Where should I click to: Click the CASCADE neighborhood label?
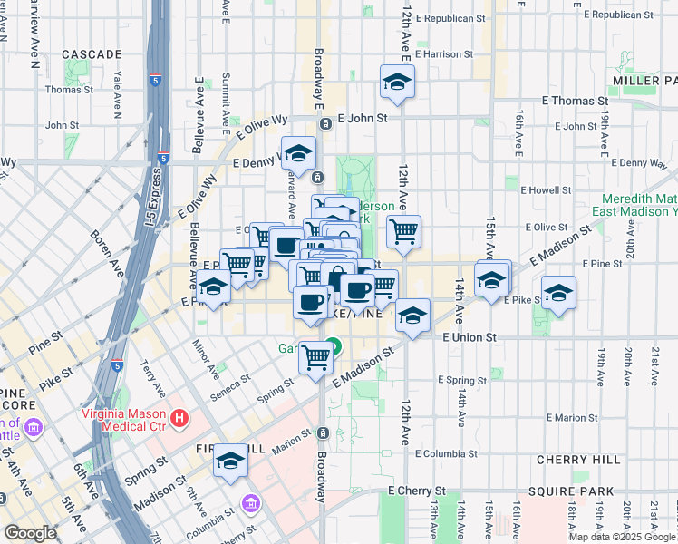(92, 54)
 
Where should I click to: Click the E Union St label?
(471, 337)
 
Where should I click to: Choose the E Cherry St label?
(418, 490)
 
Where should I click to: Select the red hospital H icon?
(180, 418)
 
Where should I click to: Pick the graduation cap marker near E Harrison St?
(397, 83)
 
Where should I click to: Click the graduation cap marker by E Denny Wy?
(298, 152)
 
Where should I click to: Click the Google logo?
(30, 533)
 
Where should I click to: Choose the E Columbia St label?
(446, 453)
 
